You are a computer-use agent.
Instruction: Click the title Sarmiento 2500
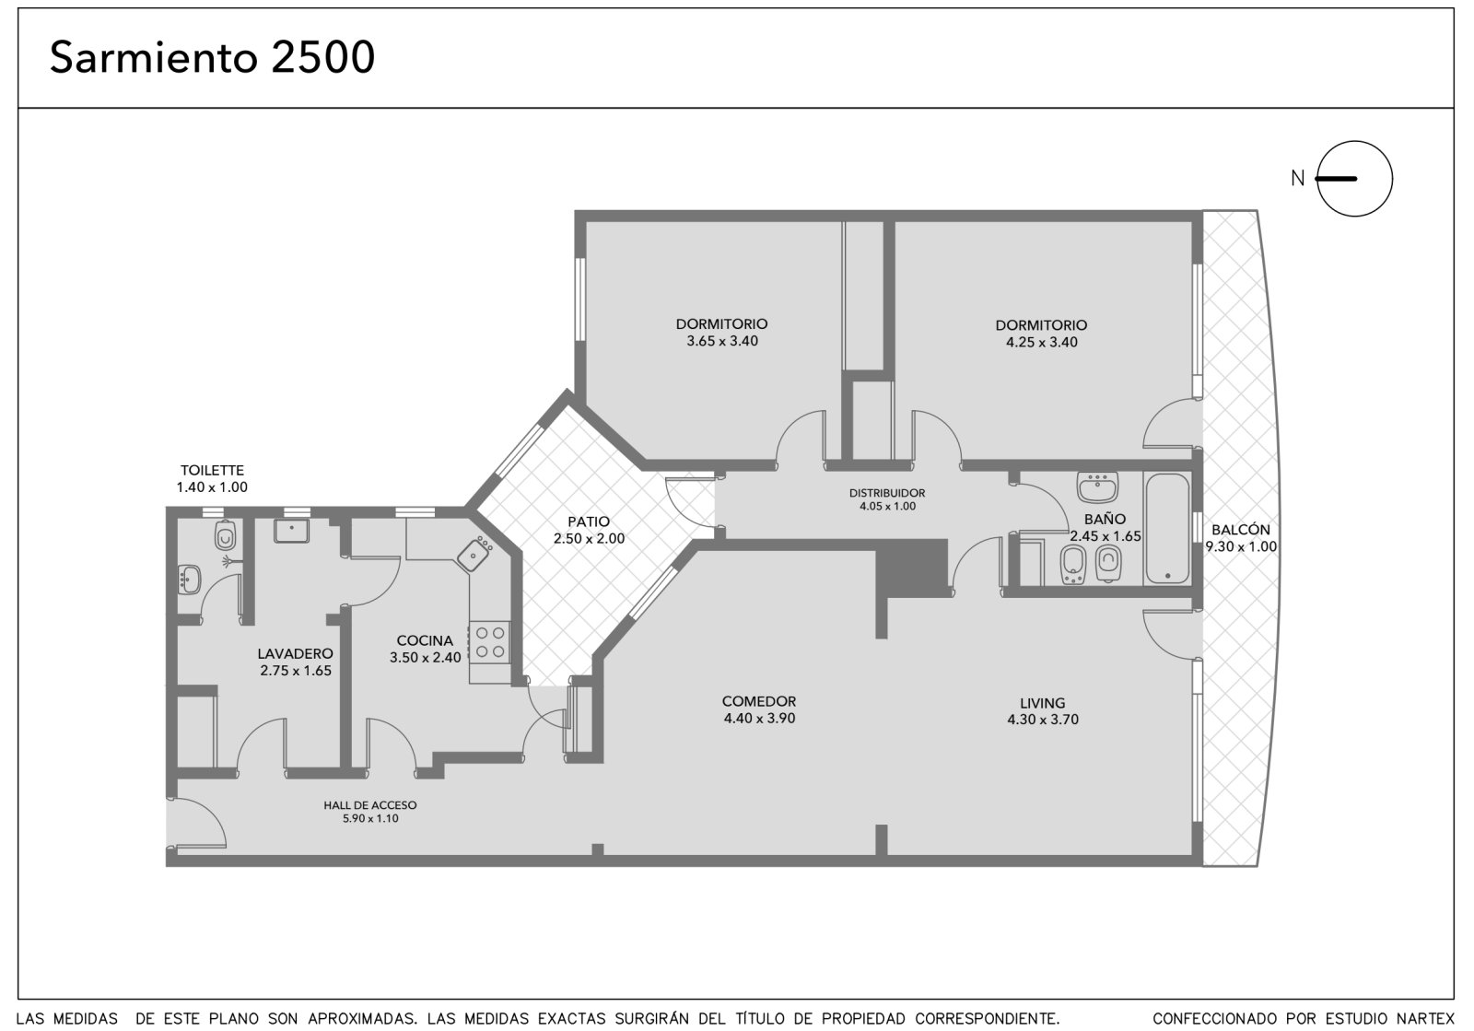click(212, 57)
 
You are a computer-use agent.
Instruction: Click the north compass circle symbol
click(1354, 179)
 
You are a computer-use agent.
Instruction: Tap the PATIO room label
click(589, 521)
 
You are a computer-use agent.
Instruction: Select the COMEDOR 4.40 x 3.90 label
click(759, 710)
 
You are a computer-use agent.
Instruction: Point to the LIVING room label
click(1042, 703)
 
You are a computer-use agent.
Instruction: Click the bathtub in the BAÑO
click(1166, 529)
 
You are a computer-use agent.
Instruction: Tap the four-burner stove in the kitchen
click(490, 642)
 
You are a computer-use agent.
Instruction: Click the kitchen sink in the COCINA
click(474, 554)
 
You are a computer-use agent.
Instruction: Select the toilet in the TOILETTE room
click(225, 535)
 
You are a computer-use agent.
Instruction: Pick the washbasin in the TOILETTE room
click(190, 580)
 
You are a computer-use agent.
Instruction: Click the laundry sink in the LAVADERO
click(291, 531)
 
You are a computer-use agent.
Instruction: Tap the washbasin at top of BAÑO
click(1097, 486)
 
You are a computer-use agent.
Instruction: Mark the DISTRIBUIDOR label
click(887, 493)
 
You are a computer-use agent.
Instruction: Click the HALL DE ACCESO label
click(369, 804)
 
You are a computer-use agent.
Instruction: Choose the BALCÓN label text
click(1241, 530)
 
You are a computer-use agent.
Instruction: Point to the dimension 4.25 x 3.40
click(1042, 342)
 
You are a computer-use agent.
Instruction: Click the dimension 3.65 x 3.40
click(722, 341)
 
